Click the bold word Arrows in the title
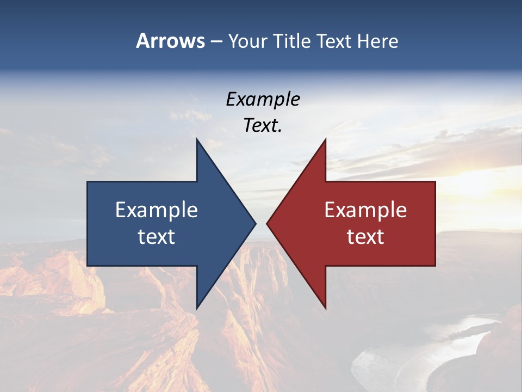[170, 41]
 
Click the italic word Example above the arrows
[263, 99]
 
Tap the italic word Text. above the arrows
[263, 125]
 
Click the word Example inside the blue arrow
[157, 210]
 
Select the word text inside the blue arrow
[157, 236]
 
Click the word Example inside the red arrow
[365, 210]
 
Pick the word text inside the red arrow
[365, 236]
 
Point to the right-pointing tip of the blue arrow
[255, 223]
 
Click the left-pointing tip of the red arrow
[268, 223]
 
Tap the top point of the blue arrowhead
[197, 139]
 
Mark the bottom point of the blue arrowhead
[197, 308]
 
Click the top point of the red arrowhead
[325, 139]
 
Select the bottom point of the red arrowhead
[325, 308]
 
